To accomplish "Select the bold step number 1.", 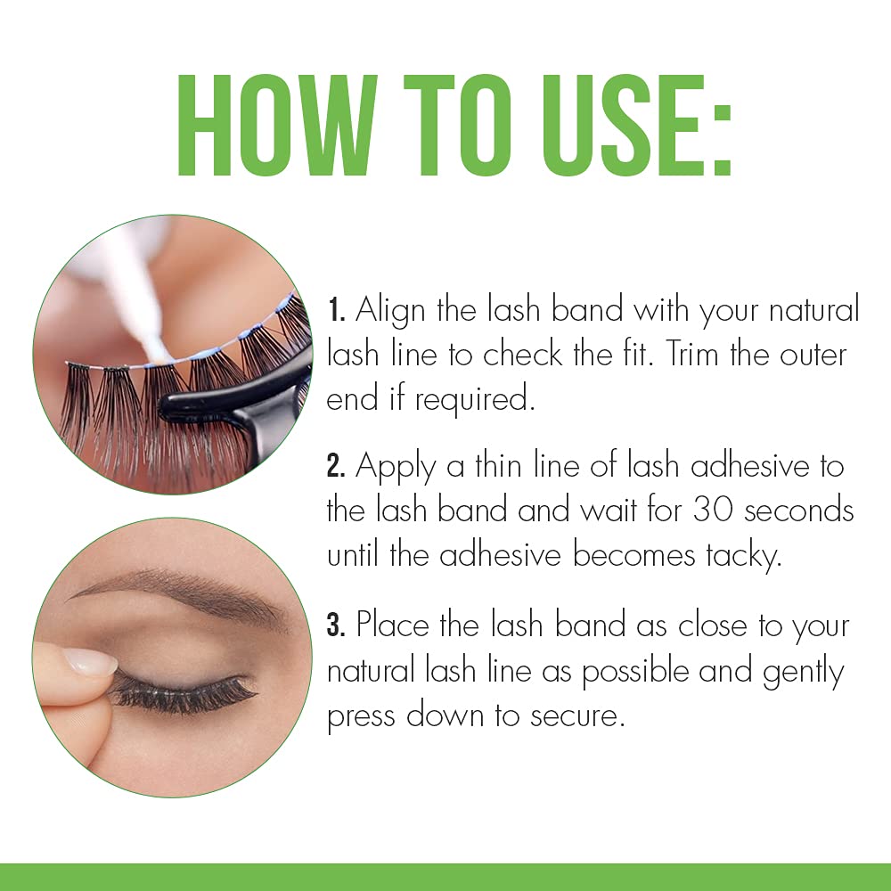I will (x=335, y=312).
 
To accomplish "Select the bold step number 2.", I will (x=336, y=466).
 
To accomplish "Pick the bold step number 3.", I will (x=336, y=625).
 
